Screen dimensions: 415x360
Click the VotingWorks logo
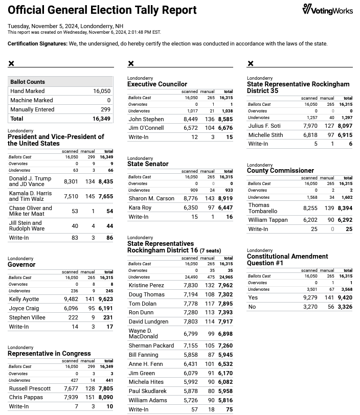click(327, 9)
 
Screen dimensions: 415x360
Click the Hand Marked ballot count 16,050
click(102, 91)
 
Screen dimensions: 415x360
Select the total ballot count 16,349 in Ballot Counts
click(101, 119)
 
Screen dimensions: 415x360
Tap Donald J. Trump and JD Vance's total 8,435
click(106, 181)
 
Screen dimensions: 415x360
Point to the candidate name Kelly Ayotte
click(24, 299)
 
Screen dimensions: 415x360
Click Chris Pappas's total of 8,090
click(106, 397)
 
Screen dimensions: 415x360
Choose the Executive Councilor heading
click(157, 84)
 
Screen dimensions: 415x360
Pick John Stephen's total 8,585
click(225, 119)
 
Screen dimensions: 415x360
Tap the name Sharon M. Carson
click(151, 198)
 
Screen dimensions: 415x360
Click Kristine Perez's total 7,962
click(225, 285)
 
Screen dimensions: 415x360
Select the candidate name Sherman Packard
click(151, 345)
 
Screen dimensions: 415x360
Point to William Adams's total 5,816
click(225, 400)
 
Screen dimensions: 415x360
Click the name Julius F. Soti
click(264, 126)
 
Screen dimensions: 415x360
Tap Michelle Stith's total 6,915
click(345, 135)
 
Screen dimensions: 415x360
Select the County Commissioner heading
click(280, 171)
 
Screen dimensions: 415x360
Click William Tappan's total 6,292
click(345, 220)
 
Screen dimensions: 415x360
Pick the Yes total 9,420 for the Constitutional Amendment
click(345, 297)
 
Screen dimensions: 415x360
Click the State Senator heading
click(148, 164)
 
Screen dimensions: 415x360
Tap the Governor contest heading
click(21, 265)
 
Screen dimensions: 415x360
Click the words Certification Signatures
click(37, 44)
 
